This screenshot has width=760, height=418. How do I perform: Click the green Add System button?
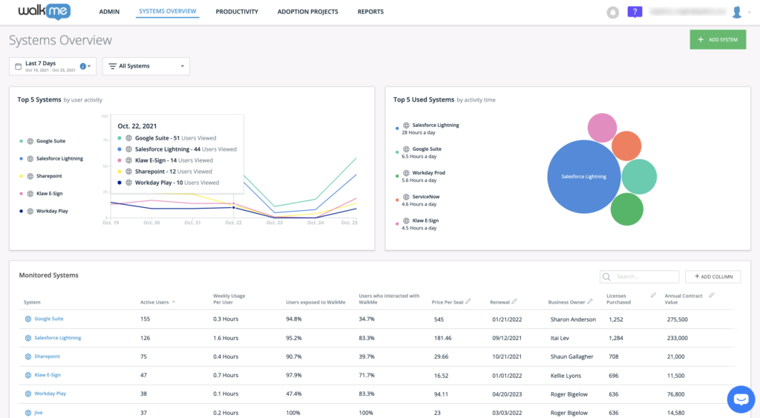(717, 39)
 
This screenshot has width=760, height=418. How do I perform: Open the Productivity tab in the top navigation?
(237, 12)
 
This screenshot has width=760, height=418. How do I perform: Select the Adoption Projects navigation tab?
(307, 12)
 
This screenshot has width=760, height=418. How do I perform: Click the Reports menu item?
(370, 12)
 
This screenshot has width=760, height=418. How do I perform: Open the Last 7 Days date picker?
(53, 66)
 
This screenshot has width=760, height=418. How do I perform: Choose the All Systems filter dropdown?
(145, 66)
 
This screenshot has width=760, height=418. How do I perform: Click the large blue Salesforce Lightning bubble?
(583, 177)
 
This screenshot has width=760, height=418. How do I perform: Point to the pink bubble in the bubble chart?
(602, 128)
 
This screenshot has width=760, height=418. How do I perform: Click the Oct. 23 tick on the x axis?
(275, 223)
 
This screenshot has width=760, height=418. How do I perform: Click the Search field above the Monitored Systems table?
(640, 276)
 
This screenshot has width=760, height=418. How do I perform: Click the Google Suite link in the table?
(49, 319)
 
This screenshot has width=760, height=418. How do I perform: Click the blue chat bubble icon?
(740, 399)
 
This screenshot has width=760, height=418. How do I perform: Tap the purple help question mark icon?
(635, 12)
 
